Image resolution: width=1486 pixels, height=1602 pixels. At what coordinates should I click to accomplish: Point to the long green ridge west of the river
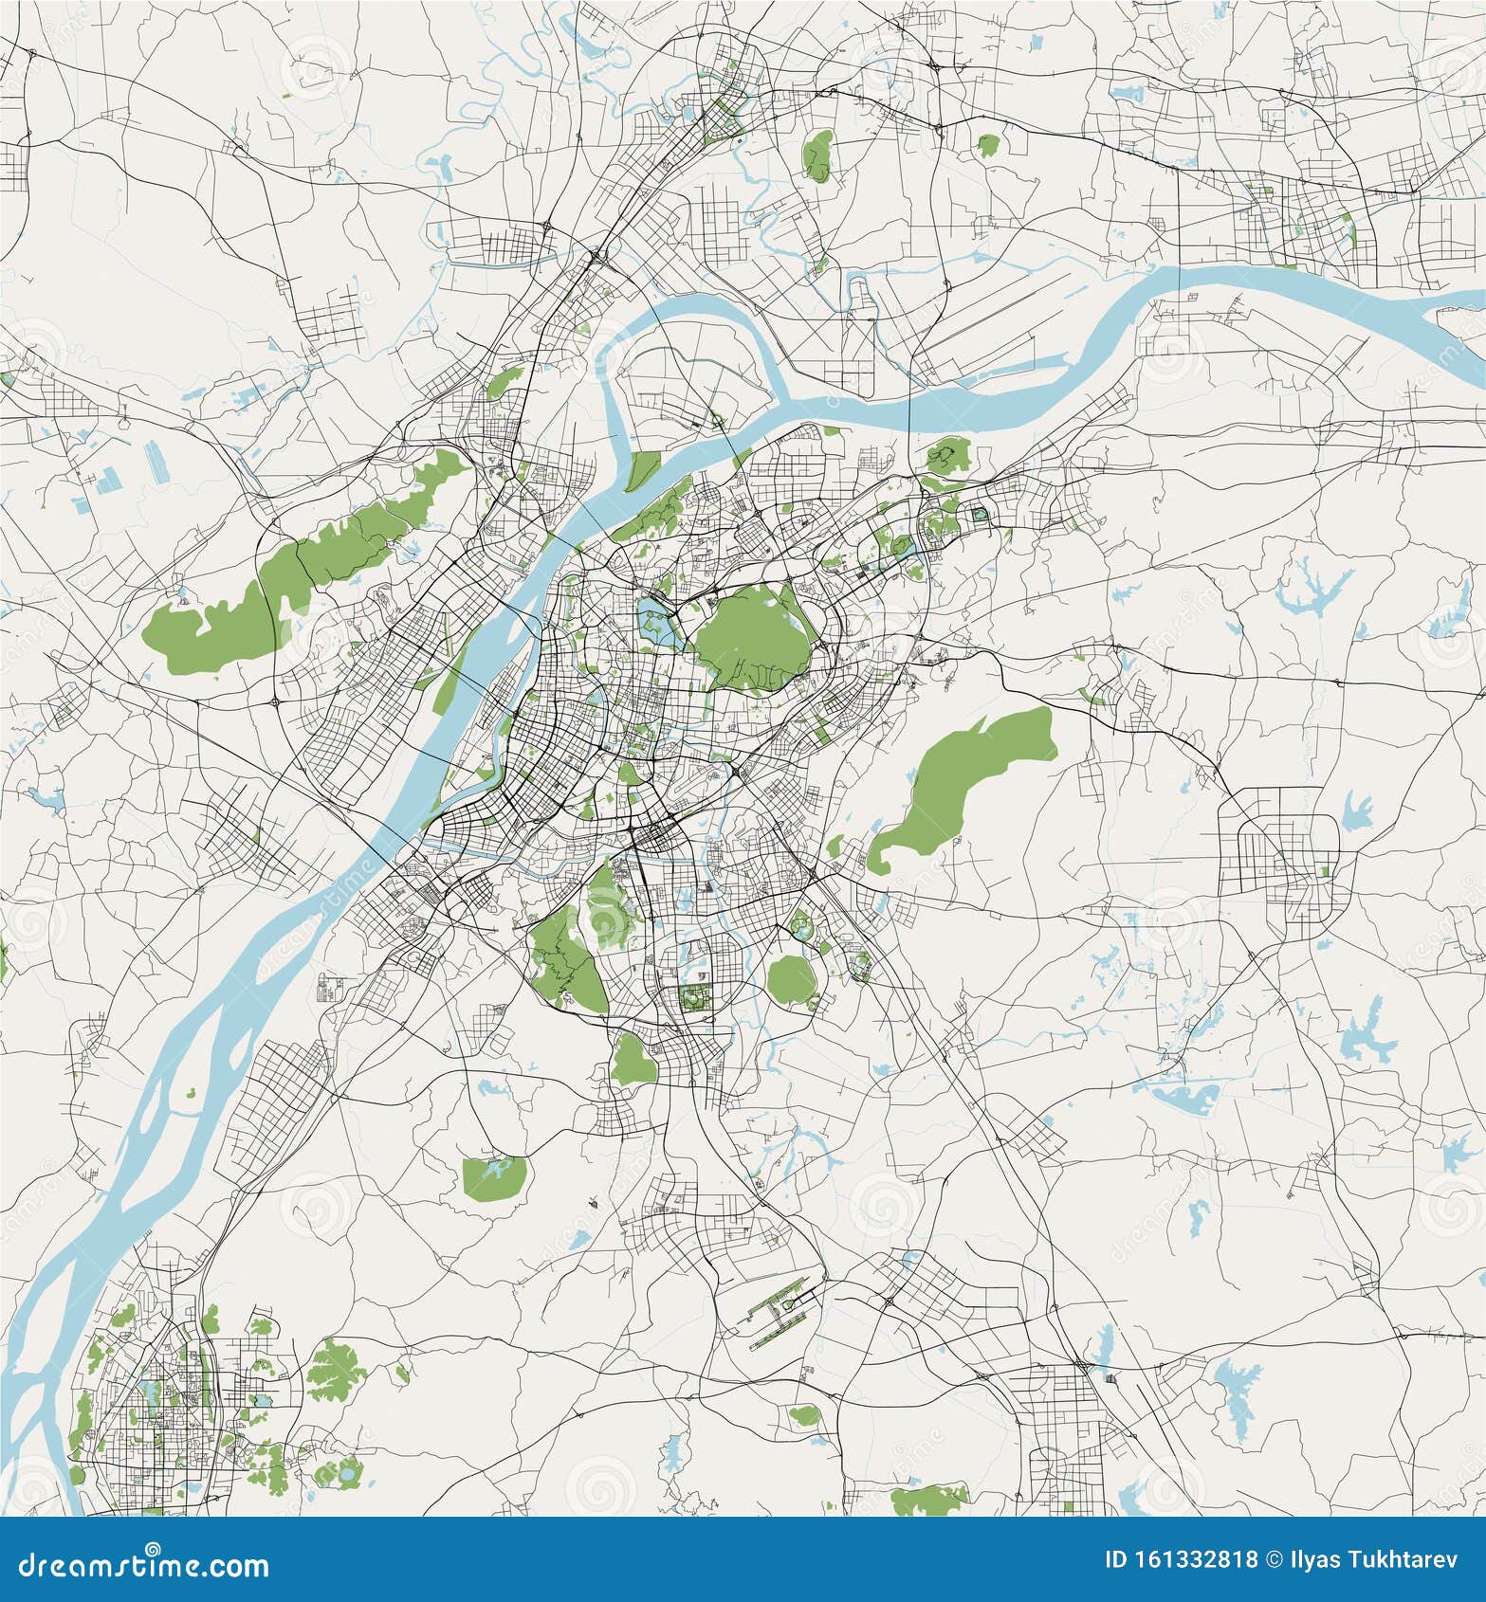pos(313,559)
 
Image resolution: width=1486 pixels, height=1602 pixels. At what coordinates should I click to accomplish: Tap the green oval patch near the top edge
pos(817,155)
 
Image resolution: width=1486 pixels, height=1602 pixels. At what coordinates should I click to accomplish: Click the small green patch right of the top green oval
pos(988,145)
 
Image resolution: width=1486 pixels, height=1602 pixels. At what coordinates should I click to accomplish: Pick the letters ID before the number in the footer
pos(1122,1560)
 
